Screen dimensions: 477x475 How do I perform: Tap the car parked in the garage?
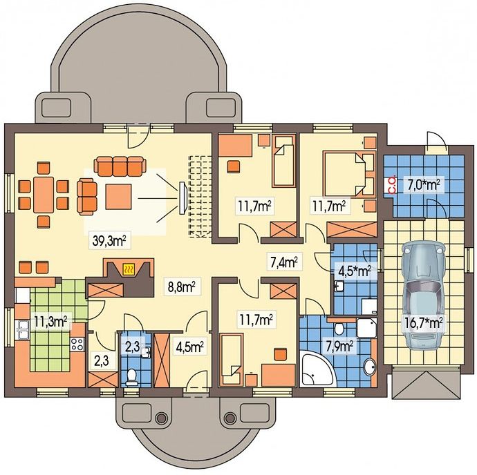click(x=423, y=295)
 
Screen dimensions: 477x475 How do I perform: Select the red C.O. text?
click(x=393, y=185)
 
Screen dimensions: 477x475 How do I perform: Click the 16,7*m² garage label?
click(x=423, y=322)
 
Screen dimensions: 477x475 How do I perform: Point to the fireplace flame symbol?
click(x=128, y=269)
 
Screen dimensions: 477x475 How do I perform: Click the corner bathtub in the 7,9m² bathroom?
click(x=317, y=369)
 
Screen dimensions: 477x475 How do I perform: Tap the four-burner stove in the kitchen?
click(x=77, y=345)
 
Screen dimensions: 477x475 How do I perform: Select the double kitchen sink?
click(x=23, y=329)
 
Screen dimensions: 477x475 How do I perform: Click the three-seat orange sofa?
click(x=120, y=166)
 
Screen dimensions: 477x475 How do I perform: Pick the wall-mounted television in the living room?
click(x=183, y=198)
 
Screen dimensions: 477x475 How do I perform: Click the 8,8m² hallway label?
click(x=182, y=287)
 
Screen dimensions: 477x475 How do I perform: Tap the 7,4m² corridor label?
click(x=284, y=262)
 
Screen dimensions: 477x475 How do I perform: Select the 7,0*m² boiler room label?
click(x=424, y=185)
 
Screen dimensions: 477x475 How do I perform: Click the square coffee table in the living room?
click(x=118, y=197)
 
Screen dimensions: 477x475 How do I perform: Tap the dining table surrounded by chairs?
click(x=44, y=195)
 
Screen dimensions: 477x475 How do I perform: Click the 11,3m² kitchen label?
click(x=50, y=322)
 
